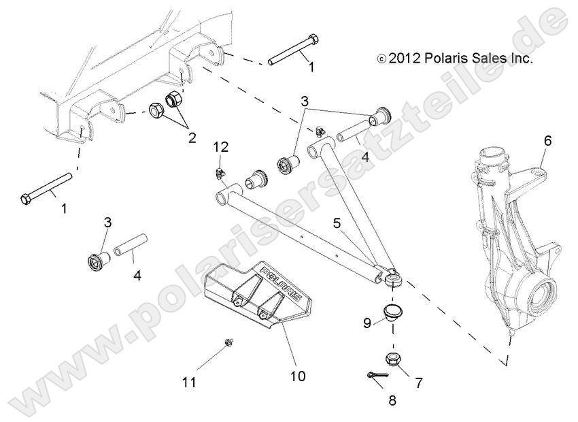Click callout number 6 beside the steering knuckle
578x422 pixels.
click(x=547, y=142)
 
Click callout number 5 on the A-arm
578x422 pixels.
click(x=337, y=222)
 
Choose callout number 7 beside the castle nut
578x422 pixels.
click(x=418, y=383)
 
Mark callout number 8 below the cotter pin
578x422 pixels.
click(x=391, y=401)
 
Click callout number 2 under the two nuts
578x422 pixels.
click(x=192, y=138)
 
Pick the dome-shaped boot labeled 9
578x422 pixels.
click(x=391, y=313)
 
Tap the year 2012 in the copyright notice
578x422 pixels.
click(x=406, y=59)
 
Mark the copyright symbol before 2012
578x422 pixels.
click(x=381, y=60)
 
